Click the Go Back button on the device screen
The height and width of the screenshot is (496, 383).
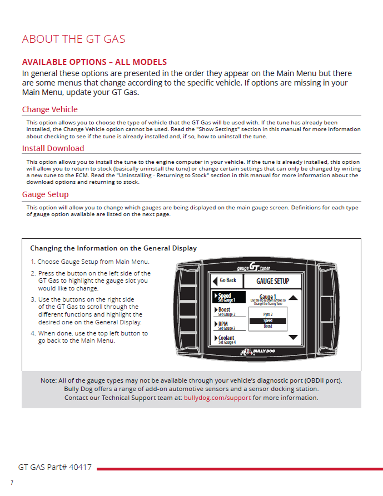pyautogui.click(x=225, y=280)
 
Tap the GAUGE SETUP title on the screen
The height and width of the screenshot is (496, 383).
pyautogui.click(x=272, y=281)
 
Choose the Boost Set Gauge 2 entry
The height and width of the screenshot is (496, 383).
pyautogui.click(x=227, y=312)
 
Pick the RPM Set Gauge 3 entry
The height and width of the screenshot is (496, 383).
pyautogui.click(x=226, y=325)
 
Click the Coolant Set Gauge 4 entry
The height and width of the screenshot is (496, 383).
pyautogui.click(x=227, y=339)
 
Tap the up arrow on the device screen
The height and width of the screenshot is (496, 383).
pyautogui.click(x=294, y=298)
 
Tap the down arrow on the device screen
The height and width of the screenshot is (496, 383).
pyautogui.click(x=294, y=337)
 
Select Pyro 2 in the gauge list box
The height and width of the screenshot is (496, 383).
pyautogui.click(x=268, y=314)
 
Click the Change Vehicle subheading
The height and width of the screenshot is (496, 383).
pyautogui.click(x=49, y=109)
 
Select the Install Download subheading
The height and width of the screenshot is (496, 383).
pyautogui.click(x=53, y=148)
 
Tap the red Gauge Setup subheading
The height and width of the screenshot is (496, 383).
pyautogui.click(x=45, y=194)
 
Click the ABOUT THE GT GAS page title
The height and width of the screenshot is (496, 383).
pyautogui.click(x=73, y=39)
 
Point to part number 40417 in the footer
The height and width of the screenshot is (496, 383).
pyautogui.click(x=80, y=468)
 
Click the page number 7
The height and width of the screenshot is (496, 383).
pyautogui.click(x=12, y=483)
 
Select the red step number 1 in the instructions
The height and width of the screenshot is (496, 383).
pyautogui.click(x=33, y=262)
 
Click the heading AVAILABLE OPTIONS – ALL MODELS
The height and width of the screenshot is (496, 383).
pyautogui.click(x=94, y=62)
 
